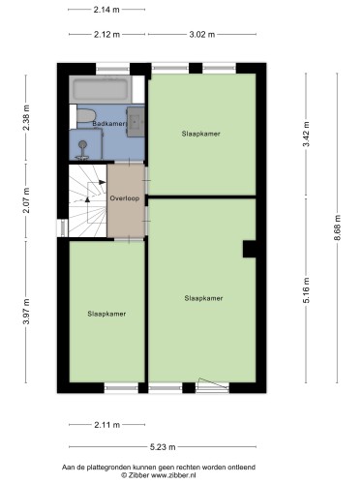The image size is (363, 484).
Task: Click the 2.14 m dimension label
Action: [106, 10]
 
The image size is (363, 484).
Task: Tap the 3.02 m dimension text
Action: [202, 34]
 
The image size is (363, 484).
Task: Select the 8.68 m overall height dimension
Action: [337, 227]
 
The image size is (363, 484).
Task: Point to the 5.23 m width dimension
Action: [163, 447]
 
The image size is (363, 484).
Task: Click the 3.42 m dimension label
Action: [306, 134]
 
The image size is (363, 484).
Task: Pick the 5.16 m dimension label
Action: [306, 290]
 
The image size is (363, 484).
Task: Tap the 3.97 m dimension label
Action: [26, 311]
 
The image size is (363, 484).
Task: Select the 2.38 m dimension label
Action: [26, 117]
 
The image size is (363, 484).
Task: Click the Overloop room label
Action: [125, 198]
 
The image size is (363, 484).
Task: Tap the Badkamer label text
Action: [108, 124]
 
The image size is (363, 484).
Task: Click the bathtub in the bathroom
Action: [101, 89]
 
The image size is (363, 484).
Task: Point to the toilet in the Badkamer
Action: [85, 116]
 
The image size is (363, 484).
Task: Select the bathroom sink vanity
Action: [136, 122]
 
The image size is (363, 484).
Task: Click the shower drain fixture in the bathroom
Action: [82, 149]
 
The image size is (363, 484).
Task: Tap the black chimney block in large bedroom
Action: [250, 249]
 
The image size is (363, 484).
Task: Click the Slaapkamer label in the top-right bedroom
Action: [200, 134]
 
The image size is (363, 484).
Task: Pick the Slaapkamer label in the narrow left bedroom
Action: [106, 314]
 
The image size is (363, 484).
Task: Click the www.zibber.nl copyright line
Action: [159, 475]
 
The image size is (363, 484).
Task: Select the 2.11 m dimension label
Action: [107, 425]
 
